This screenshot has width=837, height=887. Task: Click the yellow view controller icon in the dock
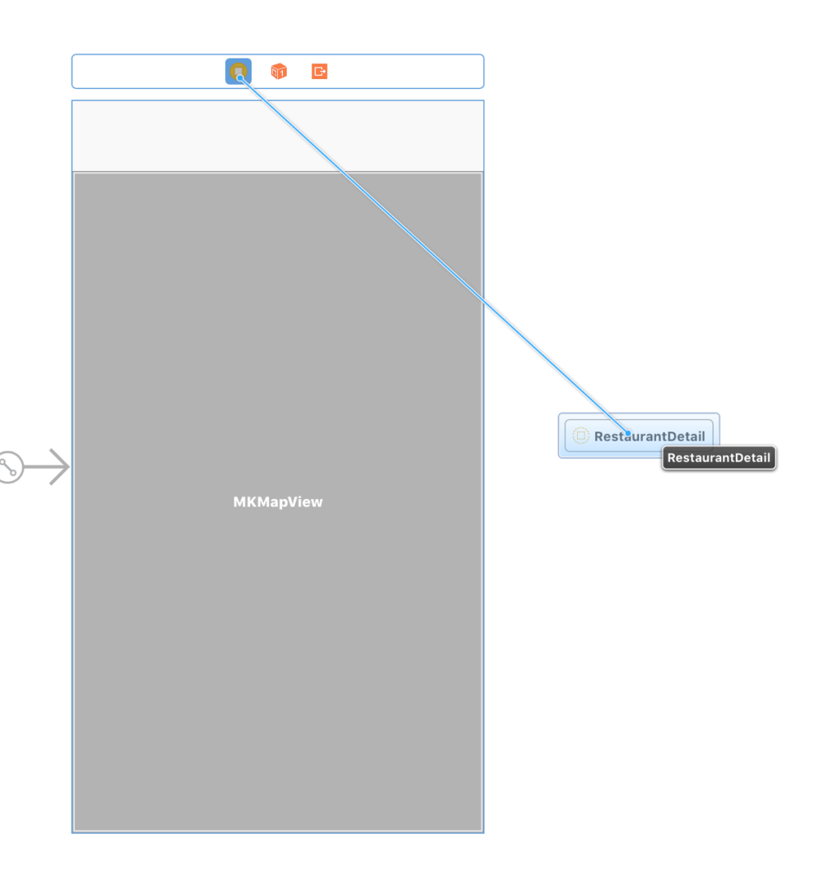pyautogui.click(x=238, y=72)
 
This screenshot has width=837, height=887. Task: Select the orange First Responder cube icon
pyautogui.click(x=279, y=72)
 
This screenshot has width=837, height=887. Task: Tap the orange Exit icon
pyautogui.click(x=319, y=72)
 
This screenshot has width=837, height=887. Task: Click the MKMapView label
pyautogui.click(x=278, y=501)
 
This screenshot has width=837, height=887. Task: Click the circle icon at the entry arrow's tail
pyautogui.click(x=9, y=467)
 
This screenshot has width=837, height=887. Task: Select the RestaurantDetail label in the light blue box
pyautogui.click(x=650, y=437)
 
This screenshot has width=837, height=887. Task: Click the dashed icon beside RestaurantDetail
pyautogui.click(x=580, y=436)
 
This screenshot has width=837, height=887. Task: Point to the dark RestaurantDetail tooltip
pyautogui.click(x=719, y=458)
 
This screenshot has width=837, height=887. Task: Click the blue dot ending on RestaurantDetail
pyautogui.click(x=628, y=433)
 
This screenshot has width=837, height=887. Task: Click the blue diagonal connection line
pyautogui.click(x=434, y=256)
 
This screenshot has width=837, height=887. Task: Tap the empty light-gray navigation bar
pyautogui.click(x=278, y=136)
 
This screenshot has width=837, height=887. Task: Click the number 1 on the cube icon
pyautogui.click(x=281, y=73)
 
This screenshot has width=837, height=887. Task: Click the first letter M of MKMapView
pyautogui.click(x=238, y=501)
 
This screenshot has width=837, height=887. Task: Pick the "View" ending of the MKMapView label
pyautogui.click(x=308, y=501)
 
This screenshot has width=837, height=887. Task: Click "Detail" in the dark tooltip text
pyautogui.click(x=752, y=458)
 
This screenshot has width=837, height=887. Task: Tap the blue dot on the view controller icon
pyautogui.click(x=240, y=78)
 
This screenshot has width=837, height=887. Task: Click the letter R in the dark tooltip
pyautogui.click(x=672, y=458)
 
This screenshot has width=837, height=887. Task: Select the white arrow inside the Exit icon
pyautogui.click(x=321, y=72)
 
